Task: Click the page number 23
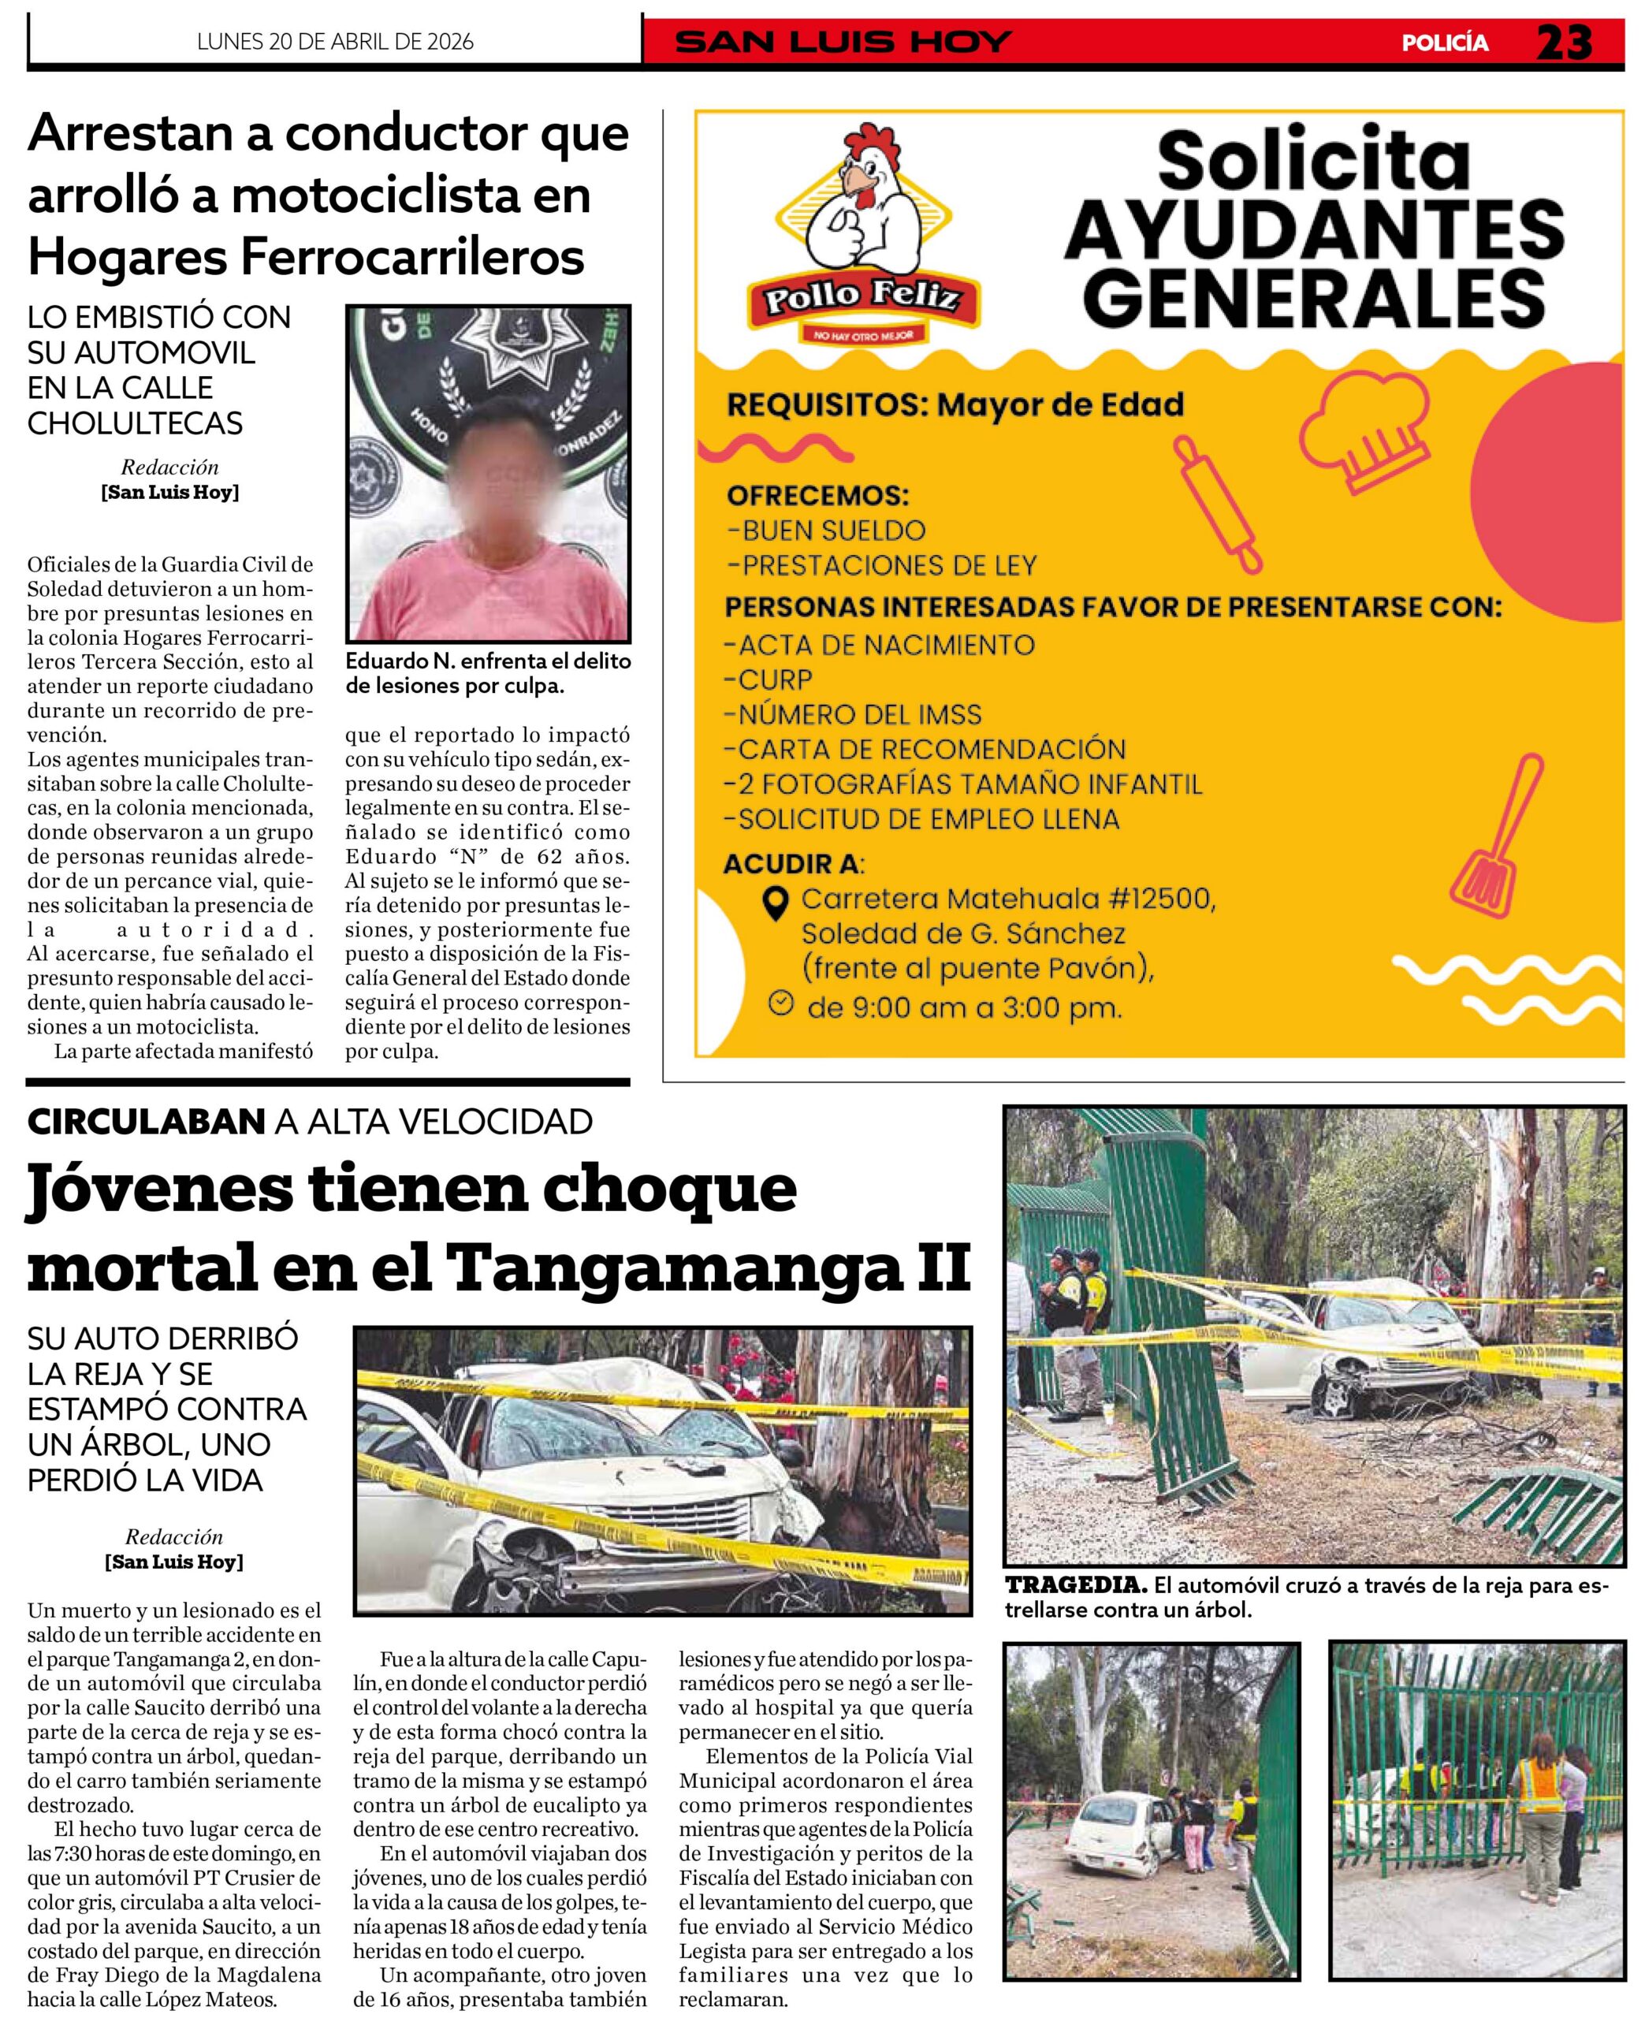(1564, 43)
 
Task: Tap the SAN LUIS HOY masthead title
(843, 43)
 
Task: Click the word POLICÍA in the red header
(1444, 43)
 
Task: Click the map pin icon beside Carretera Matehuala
(776, 902)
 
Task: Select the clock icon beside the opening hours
(780, 1003)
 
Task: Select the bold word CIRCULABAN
(146, 1122)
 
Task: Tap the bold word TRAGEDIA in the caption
(1075, 1584)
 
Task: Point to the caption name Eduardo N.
(386, 661)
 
